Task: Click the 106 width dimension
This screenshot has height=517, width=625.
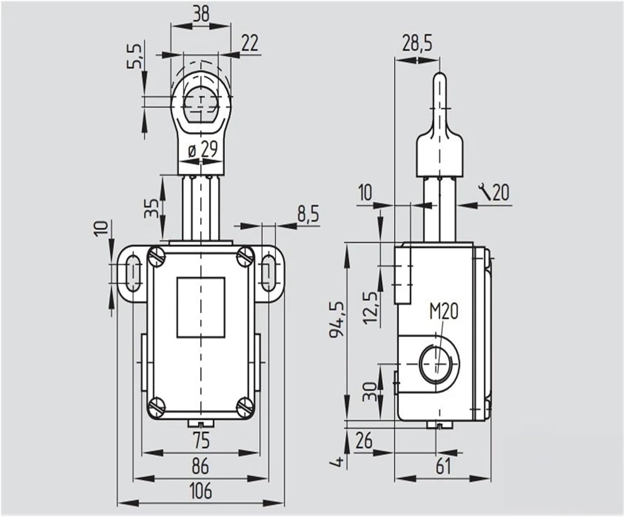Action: tap(200, 490)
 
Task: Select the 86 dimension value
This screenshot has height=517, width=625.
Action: tap(200, 466)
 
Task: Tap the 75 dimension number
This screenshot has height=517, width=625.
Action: tap(201, 440)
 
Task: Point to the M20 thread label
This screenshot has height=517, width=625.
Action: tap(444, 311)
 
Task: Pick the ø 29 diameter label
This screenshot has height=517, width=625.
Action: tap(203, 150)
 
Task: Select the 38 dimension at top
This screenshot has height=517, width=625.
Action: tap(201, 15)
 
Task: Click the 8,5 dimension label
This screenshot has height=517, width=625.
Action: tap(307, 215)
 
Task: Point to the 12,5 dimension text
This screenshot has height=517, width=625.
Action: tap(370, 308)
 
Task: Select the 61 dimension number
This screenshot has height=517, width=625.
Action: tap(442, 466)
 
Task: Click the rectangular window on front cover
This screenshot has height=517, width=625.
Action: tap(201, 307)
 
